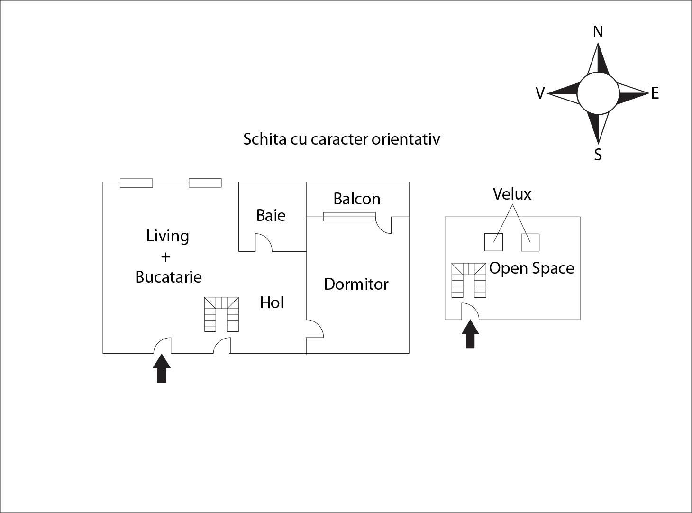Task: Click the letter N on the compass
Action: point(598,32)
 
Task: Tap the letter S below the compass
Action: point(598,155)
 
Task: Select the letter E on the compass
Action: point(655,93)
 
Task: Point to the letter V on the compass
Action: point(540,93)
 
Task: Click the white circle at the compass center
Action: point(598,93)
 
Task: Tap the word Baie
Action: point(271,215)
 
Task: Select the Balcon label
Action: point(357,199)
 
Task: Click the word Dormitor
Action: point(356,284)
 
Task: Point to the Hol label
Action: point(272,302)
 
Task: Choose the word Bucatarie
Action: point(168,277)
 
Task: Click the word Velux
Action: point(512,194)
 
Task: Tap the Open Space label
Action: point(531,268)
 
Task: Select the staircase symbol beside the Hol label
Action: point(221,314)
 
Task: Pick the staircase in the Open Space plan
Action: point(469,280)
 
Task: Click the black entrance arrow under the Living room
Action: point(162,368)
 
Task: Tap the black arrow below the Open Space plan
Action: point(470,334)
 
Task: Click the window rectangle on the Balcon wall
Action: point(349,217)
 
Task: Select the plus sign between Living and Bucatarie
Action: point(165,257)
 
